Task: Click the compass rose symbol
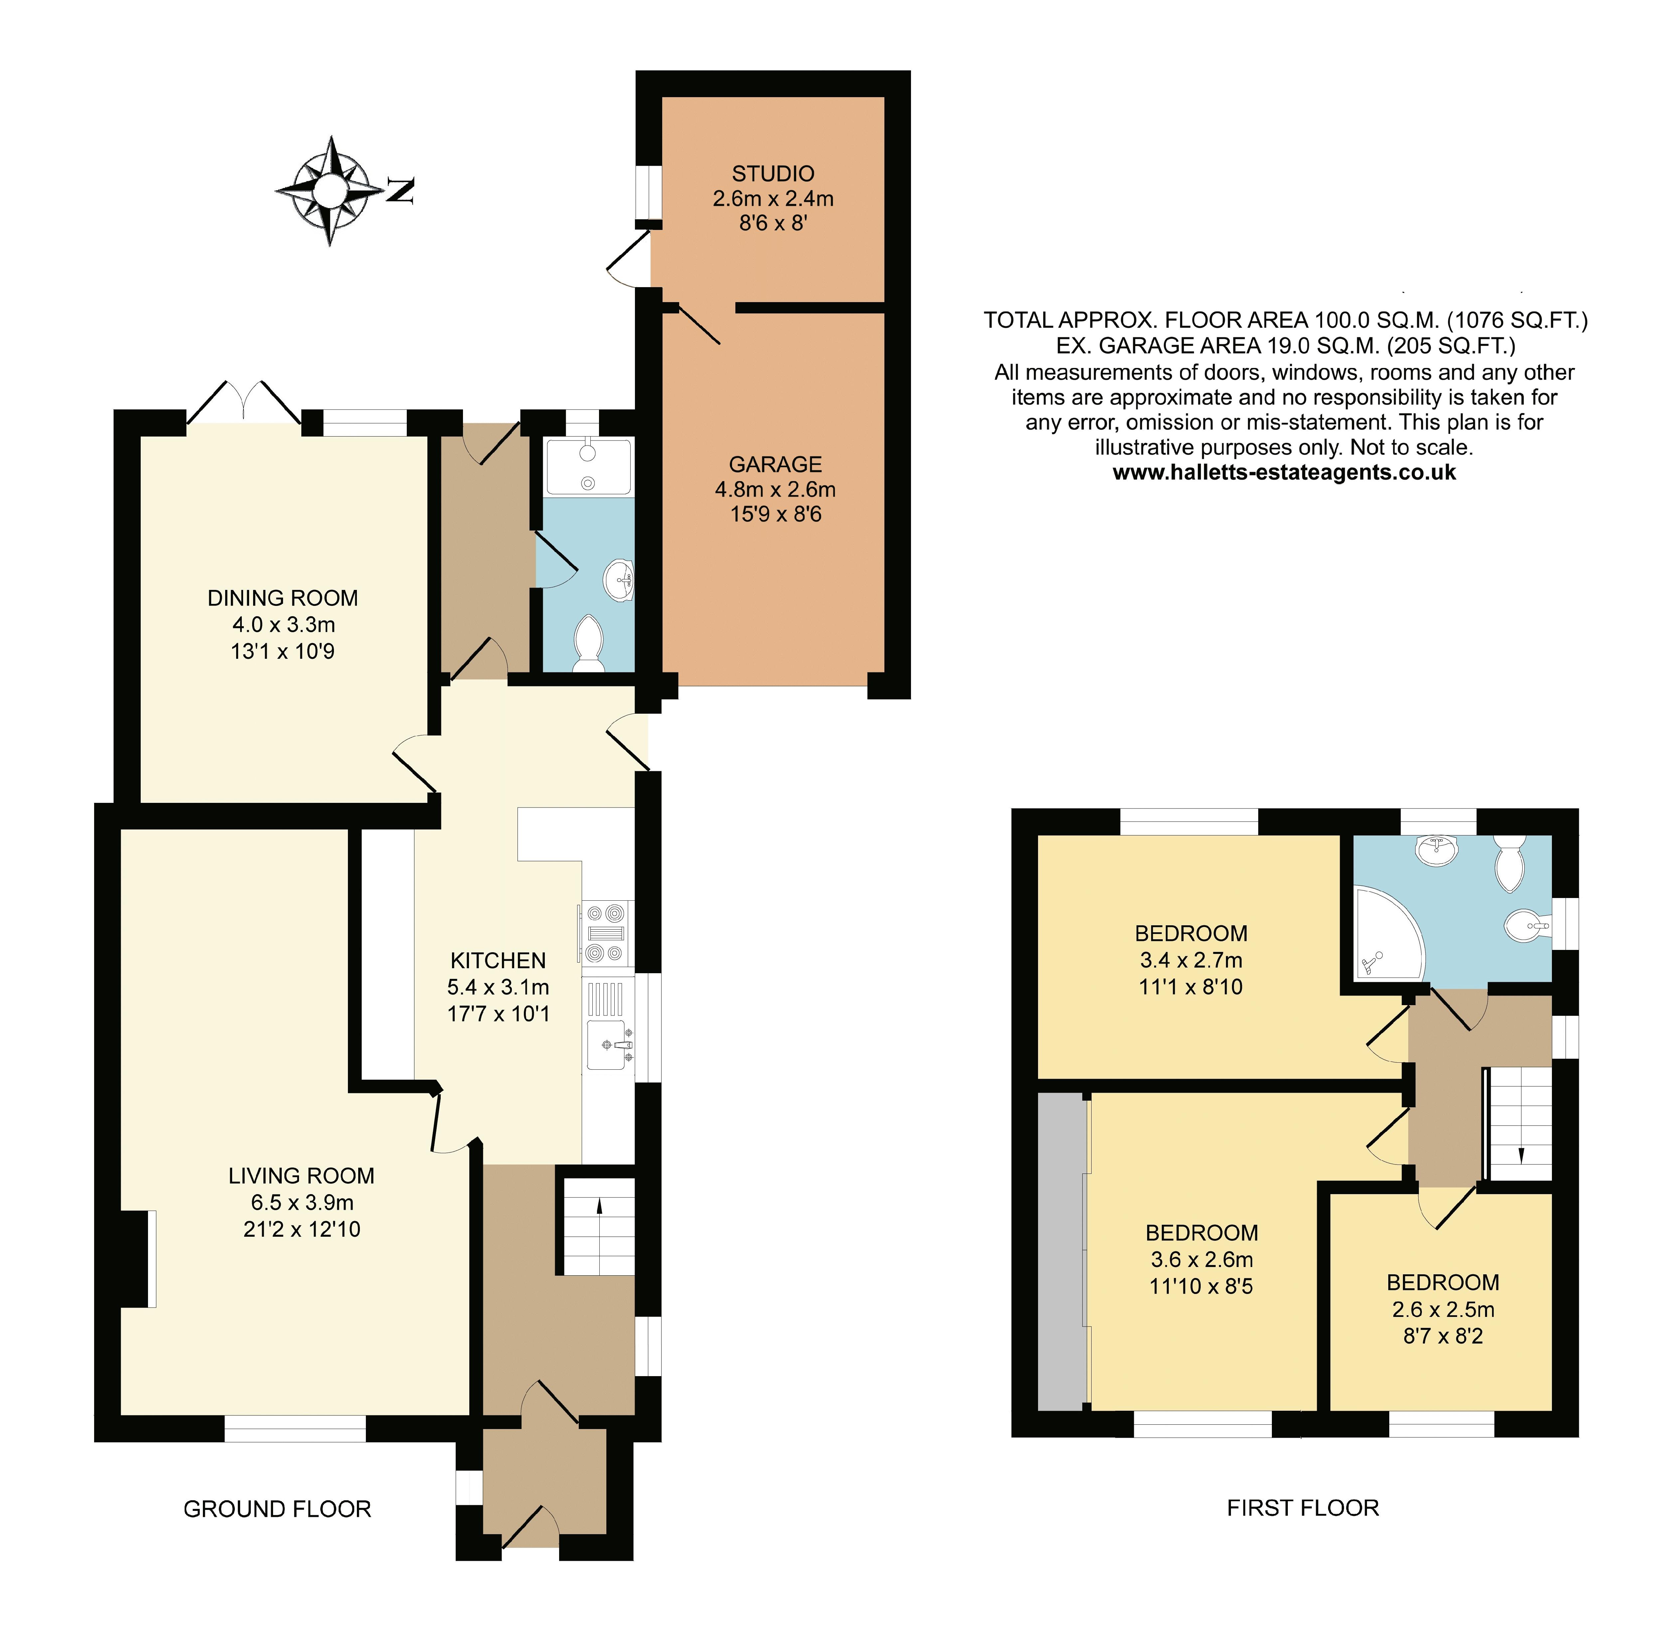(x=330, y=191)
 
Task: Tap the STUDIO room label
(x=773, y=173)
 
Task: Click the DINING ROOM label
(x=283, y=598)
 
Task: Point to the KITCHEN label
(x=498, y=961)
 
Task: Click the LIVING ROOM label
(x=302, y=1176)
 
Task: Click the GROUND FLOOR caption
(x=278, y=1509)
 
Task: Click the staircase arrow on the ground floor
(x=599, y=1206)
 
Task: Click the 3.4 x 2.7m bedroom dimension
(x=1191, y=961)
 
